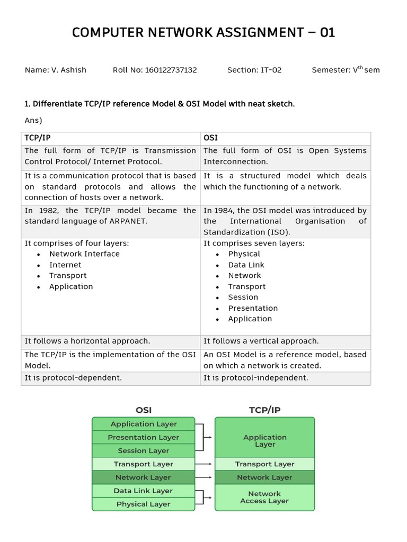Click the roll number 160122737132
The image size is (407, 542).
(171, 70)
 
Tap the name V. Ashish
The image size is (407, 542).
(68, 70)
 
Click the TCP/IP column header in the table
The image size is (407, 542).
(38, 138)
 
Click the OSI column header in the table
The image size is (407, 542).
(210, 138)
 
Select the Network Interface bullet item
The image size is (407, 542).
(84, 254)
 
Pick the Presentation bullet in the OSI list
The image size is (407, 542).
(253, 308)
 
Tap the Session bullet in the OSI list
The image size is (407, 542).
(243, 297)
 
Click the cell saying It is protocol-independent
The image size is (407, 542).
(256, 378)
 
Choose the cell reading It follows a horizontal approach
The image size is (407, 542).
(87, 341)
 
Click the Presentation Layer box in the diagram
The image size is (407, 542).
(143, 437)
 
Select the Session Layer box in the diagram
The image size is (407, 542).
(143, 450)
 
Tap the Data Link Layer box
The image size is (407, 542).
(143, 491)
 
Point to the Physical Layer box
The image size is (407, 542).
(143, 504)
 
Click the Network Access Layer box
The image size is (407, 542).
(264, 497)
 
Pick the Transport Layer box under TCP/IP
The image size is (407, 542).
(264, 464)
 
